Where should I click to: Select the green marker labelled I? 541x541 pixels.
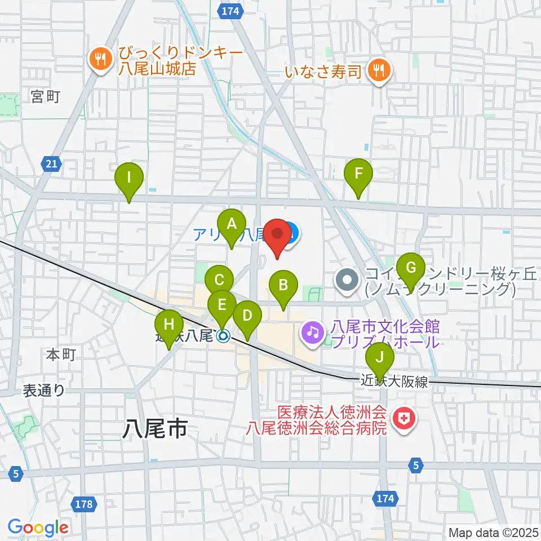point(129,180)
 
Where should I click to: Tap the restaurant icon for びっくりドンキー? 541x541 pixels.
point(101,59)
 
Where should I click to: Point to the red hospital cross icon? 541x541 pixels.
point(403,419)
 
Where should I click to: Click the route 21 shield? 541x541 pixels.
point(51,164)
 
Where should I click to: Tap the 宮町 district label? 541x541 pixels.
point(45,97)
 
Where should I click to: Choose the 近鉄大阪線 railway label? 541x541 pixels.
point(394,382)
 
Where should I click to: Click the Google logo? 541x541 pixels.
point(38,527)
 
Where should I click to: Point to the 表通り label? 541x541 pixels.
point(45,390)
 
